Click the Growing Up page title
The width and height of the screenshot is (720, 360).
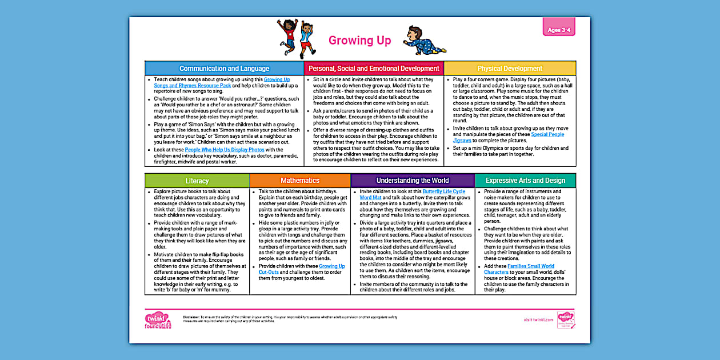click(359, 40)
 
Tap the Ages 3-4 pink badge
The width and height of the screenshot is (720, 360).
click(558, 30)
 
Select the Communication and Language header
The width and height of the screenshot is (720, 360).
click(224, 69)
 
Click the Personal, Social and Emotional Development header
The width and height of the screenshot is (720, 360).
click(374, 69)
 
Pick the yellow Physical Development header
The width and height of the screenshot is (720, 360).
click(510, 69)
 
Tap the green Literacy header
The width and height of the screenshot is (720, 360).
click(197, 181)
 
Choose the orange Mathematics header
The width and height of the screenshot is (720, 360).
click(300, 181)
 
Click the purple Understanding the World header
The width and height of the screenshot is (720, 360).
click(412, 181)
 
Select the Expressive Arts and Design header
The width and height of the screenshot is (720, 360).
click(525, 181)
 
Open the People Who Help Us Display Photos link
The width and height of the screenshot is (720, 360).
click(225, 150)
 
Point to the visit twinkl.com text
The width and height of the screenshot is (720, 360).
click(538, 320)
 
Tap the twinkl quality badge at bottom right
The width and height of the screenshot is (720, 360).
click(566, 320)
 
